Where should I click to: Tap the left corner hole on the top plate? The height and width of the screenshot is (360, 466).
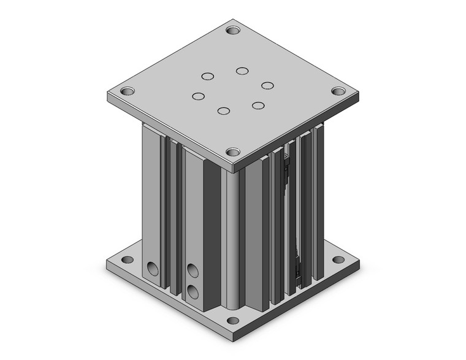pos(127,91)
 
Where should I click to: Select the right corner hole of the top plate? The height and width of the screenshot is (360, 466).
pos(338,91)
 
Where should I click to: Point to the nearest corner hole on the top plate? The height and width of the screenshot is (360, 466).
pos(232,151)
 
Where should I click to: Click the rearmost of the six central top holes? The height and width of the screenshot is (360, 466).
pos(242,71)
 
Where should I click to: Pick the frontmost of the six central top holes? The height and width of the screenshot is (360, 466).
pos(223,111)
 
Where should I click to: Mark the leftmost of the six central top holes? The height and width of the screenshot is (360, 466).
pos(197,96)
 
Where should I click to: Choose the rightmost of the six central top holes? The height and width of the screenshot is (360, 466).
pos(267,85)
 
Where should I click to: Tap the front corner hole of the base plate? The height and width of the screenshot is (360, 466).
pos(232,320)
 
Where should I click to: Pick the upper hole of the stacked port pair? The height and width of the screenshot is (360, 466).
pos(193,269)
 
